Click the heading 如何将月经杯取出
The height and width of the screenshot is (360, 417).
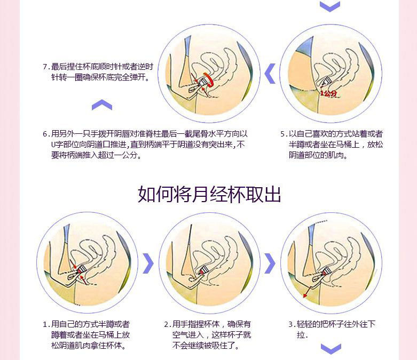[x=209, y=194]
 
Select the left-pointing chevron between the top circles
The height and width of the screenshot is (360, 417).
[x=270, y=73]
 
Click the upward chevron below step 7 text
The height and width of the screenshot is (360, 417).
[x=101, y=105]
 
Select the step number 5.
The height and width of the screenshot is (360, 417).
[x=283, y=134]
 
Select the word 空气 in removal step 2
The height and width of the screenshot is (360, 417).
[x=179, y=335]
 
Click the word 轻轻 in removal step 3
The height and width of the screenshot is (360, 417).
[x=304, y=324]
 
